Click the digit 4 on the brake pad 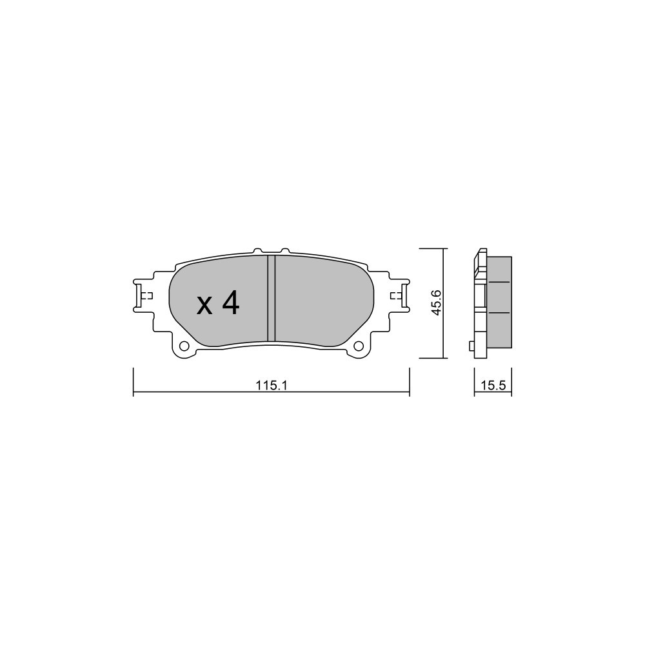tap(230, 303)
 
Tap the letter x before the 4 tap(204, 306)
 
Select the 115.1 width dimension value tap(271, 386)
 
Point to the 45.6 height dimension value tap(437, 303)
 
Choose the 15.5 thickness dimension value tap(493, 386)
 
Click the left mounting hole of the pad tap(184, 346)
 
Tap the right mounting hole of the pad tap(359, 346)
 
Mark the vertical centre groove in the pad tap(271, 298)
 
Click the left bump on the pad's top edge tap(257, 250)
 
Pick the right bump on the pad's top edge tap(285, 250)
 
